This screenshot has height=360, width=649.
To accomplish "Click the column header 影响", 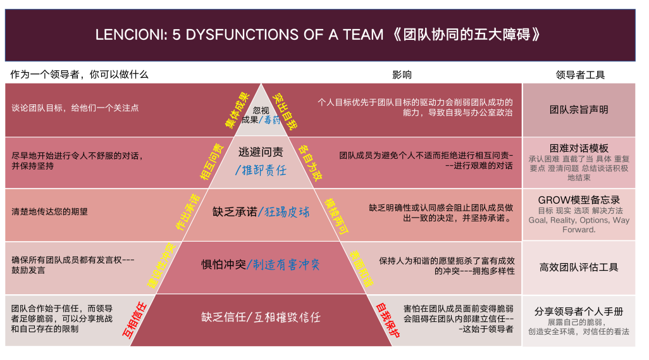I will point(402,74).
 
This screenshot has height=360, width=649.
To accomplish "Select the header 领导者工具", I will point(579,74).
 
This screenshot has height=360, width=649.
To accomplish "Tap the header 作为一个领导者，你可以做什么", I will point(79,74).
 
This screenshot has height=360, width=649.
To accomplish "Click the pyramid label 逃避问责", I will point(261,152).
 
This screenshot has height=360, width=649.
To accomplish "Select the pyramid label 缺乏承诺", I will point(235,212).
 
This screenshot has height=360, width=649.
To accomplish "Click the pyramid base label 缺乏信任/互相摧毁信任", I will point(261,316).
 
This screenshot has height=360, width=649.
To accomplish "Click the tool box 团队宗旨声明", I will point(579,109).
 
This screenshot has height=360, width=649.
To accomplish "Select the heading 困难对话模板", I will point(579,148).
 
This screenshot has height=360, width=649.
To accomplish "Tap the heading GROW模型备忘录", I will point(579,199).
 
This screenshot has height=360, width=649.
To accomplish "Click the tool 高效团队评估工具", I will point(579,268).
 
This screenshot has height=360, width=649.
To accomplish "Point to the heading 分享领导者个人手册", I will point(579,311).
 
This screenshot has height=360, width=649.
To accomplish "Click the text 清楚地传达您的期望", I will point(50,212).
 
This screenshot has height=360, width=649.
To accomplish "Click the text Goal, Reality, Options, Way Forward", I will point(579,225).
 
